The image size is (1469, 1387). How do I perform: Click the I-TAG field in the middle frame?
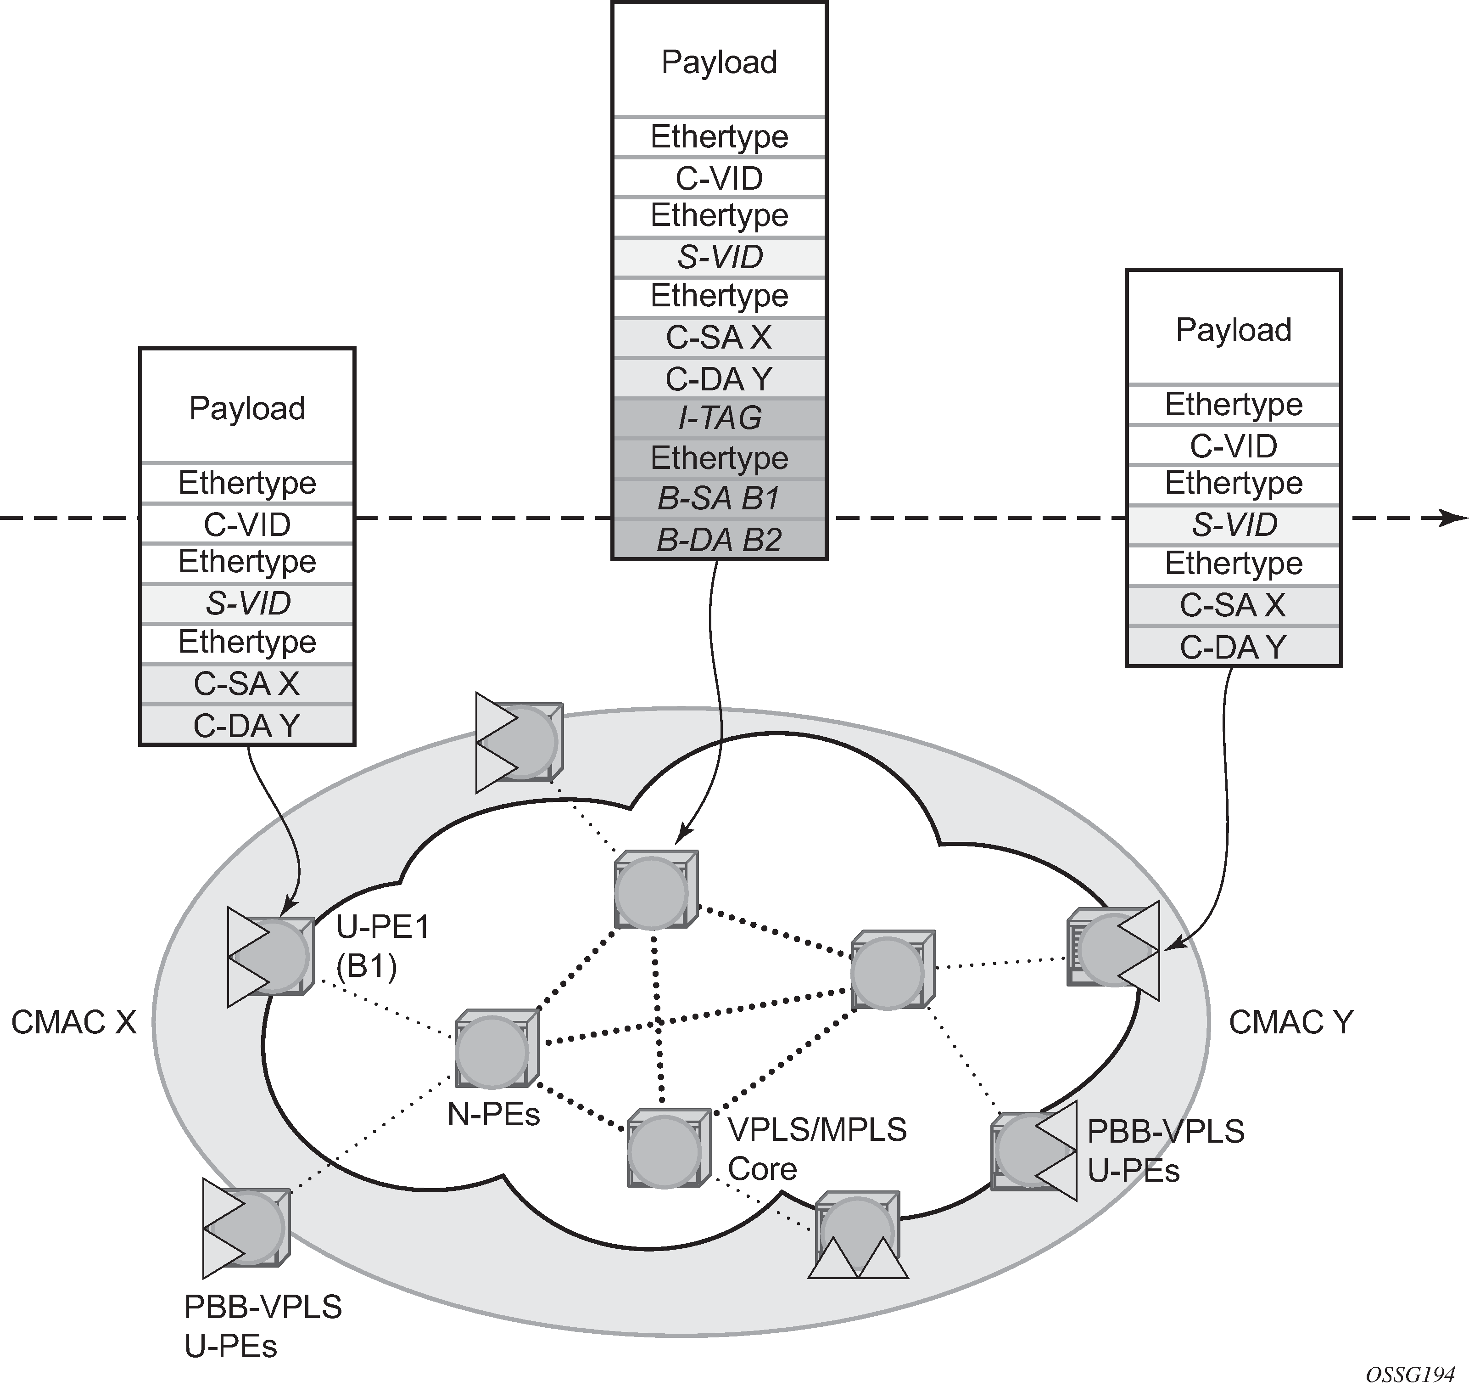[x=719, y=418]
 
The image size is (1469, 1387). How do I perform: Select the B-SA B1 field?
[x=719, y=499]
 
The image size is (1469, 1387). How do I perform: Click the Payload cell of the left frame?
[x=247, y=408]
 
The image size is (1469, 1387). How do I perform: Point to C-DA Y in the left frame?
[x=247, y=726]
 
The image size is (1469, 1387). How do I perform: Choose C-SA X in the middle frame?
[x=719, y=337]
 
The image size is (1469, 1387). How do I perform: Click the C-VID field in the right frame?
[x=1233, y=446]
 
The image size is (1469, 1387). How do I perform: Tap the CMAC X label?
[x=74, y=1022]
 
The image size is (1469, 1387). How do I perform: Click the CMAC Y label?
[x=1290, y=1022]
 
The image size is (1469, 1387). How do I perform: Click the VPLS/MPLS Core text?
[x=816, y=1150]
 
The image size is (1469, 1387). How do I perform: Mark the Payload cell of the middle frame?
[x=719, y=62]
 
